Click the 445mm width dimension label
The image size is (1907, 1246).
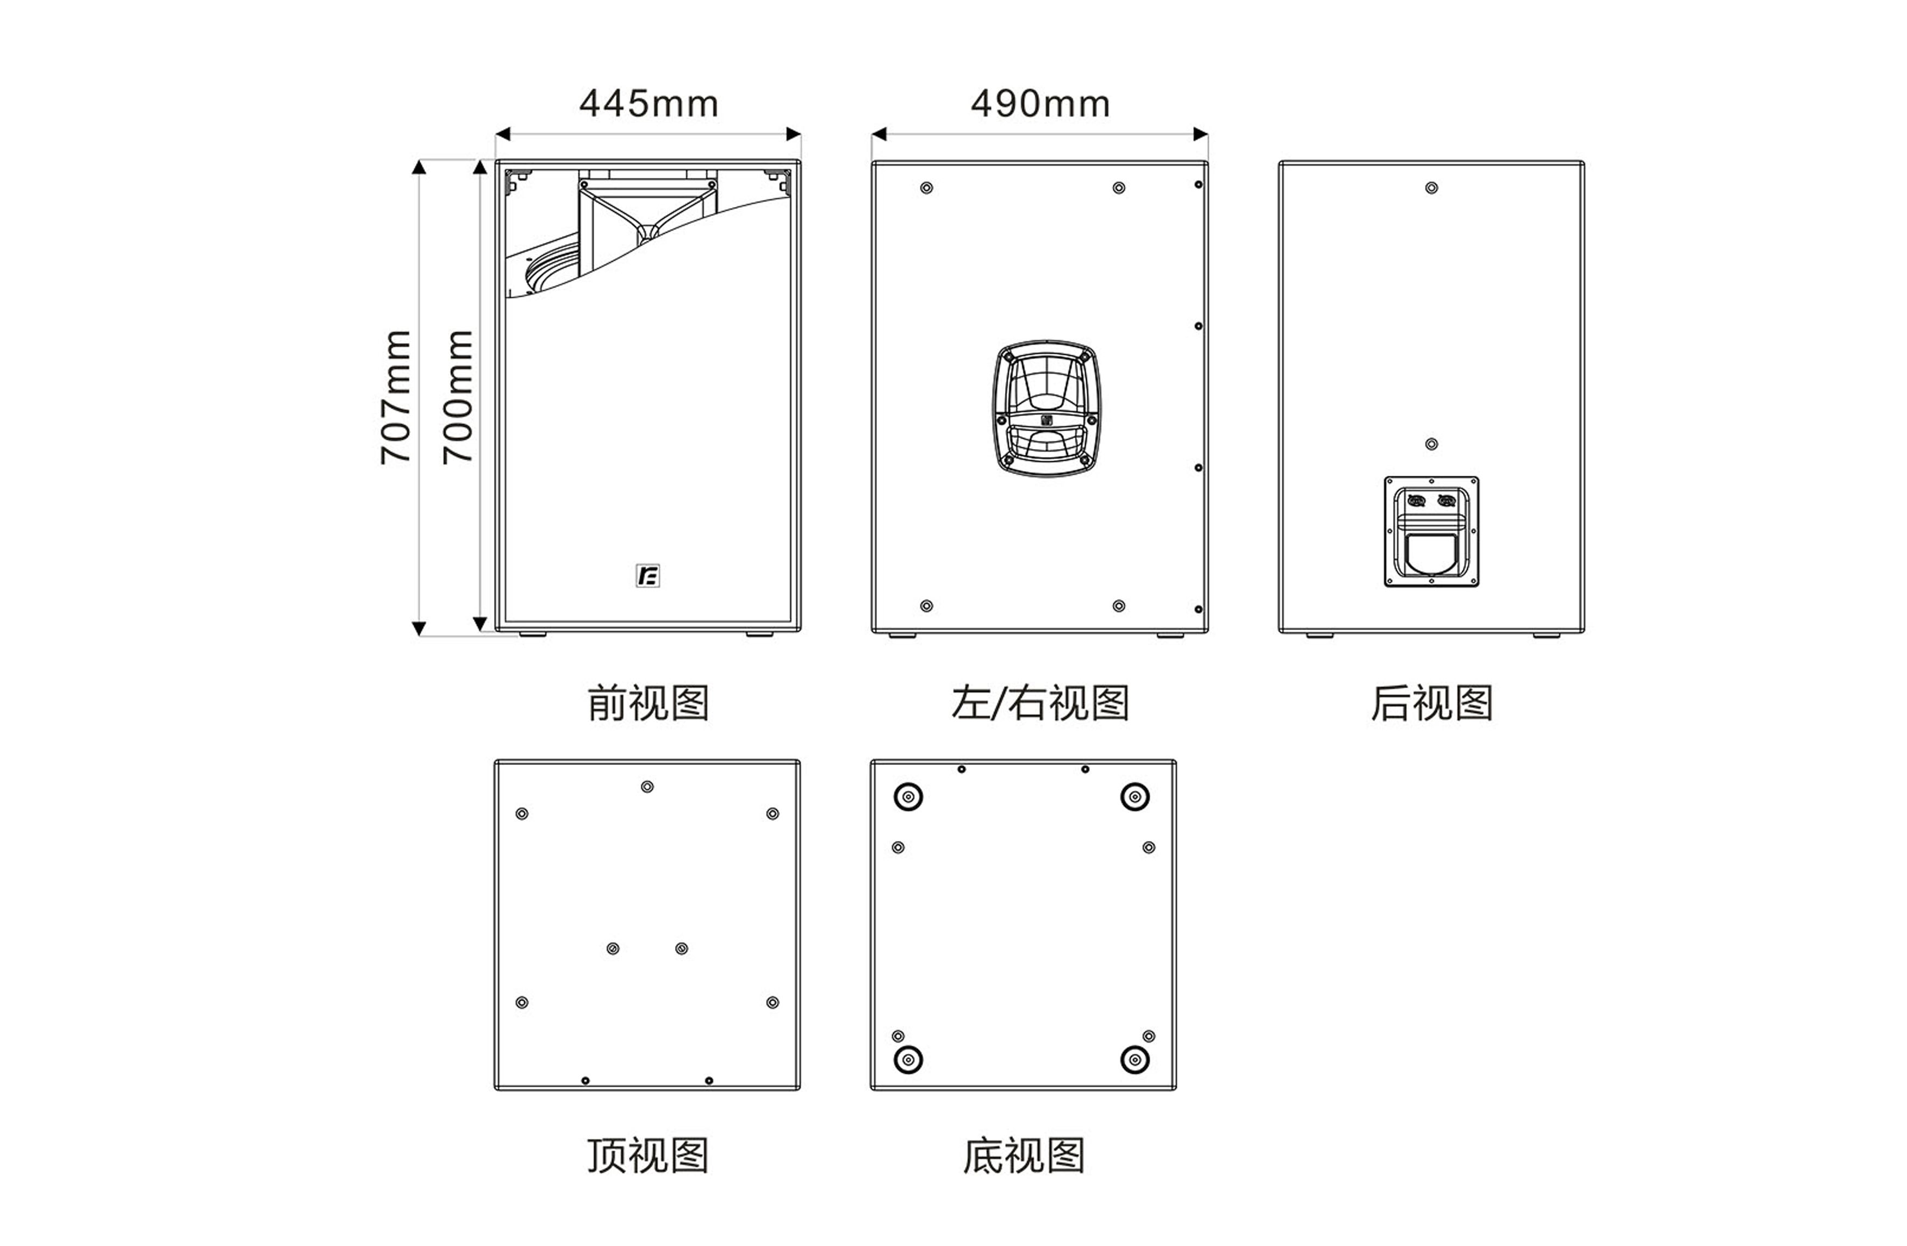click(648, 104)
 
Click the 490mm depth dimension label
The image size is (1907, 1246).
click(1040, 104)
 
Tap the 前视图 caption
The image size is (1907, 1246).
click(648, 703)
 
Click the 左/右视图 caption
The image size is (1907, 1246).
click(1040, 703)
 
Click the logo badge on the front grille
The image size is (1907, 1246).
click(647, 575)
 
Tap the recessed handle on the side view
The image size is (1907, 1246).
click(1046, 409)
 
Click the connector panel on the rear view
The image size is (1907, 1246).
click(1431, 531)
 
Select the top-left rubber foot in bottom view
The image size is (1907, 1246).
click(908, 798)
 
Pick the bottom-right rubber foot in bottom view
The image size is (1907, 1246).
click(1135, 1060)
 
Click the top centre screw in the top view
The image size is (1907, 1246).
click(647, 787)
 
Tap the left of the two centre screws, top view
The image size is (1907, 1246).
click(613, 949)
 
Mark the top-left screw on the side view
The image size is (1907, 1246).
click(926, 188)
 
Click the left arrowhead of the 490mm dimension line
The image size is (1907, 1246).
click(878, 134)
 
